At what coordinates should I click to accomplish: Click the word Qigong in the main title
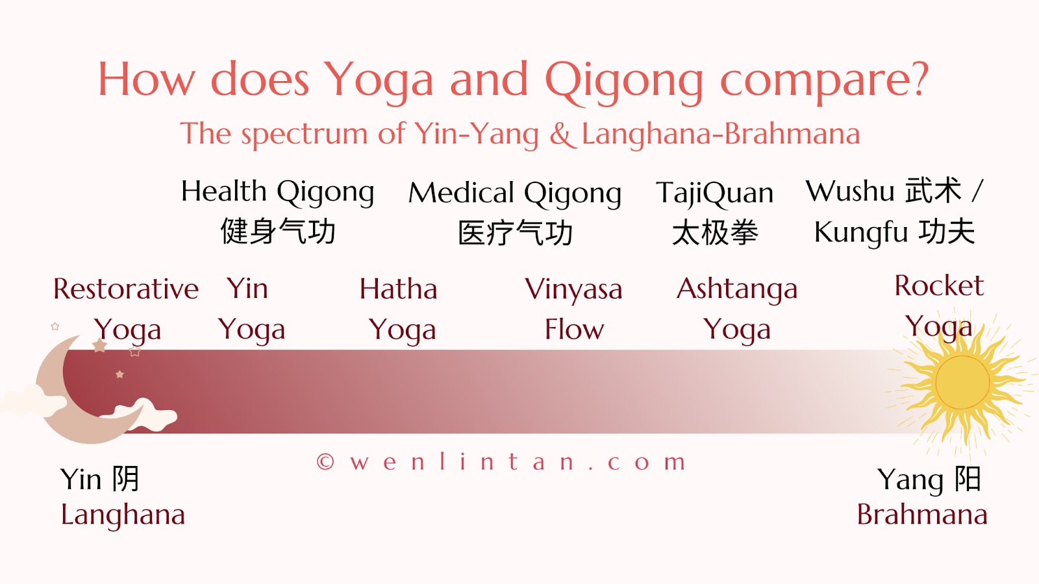click(x=624, y=82)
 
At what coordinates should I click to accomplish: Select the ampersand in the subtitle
click(x=562, y=134)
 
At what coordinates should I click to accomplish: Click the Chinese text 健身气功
click(x=278, y=231)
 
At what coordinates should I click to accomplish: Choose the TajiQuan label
click(x=715, y=193)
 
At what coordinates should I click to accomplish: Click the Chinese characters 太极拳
click(x=715, y=232)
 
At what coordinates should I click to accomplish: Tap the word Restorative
click(x=126, y=289)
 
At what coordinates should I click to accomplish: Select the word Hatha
click(x=399, y=289)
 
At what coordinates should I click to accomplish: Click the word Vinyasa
click(x=573, y=290)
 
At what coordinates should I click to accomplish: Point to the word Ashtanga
click(x=737, y=290)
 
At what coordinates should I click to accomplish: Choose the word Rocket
click(x=939, y=286)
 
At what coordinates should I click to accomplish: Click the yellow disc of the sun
click(x=962, y=382)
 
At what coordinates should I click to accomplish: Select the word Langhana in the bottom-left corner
click(x=123, y=515)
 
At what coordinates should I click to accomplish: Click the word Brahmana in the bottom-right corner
click(x=922, y=515)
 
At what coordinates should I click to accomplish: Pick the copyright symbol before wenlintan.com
click(x=325, y=462)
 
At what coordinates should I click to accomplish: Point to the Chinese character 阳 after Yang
click(x=968, y=479)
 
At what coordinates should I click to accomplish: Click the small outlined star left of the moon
click(x=55, y=326)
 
